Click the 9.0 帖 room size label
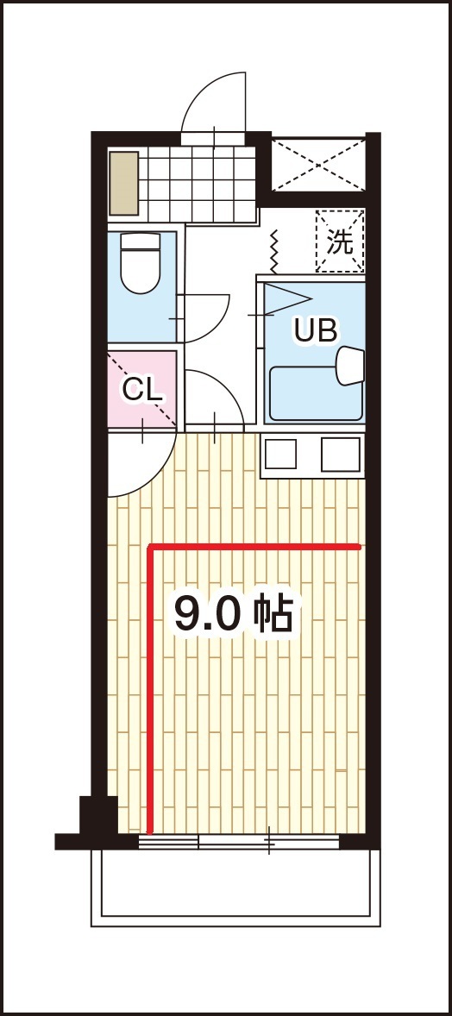(234, 613)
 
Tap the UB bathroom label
(316, 330)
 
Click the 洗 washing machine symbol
(340, 241)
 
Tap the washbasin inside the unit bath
(349, 366)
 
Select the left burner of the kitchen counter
(280, 454)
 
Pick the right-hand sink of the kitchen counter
(341, 455)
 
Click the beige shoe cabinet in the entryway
(124, 184)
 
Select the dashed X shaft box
(318, 165)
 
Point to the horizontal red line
(254, 548)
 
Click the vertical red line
(150, 691)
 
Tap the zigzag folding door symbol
(273, 251)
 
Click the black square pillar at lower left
(98, 815)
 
